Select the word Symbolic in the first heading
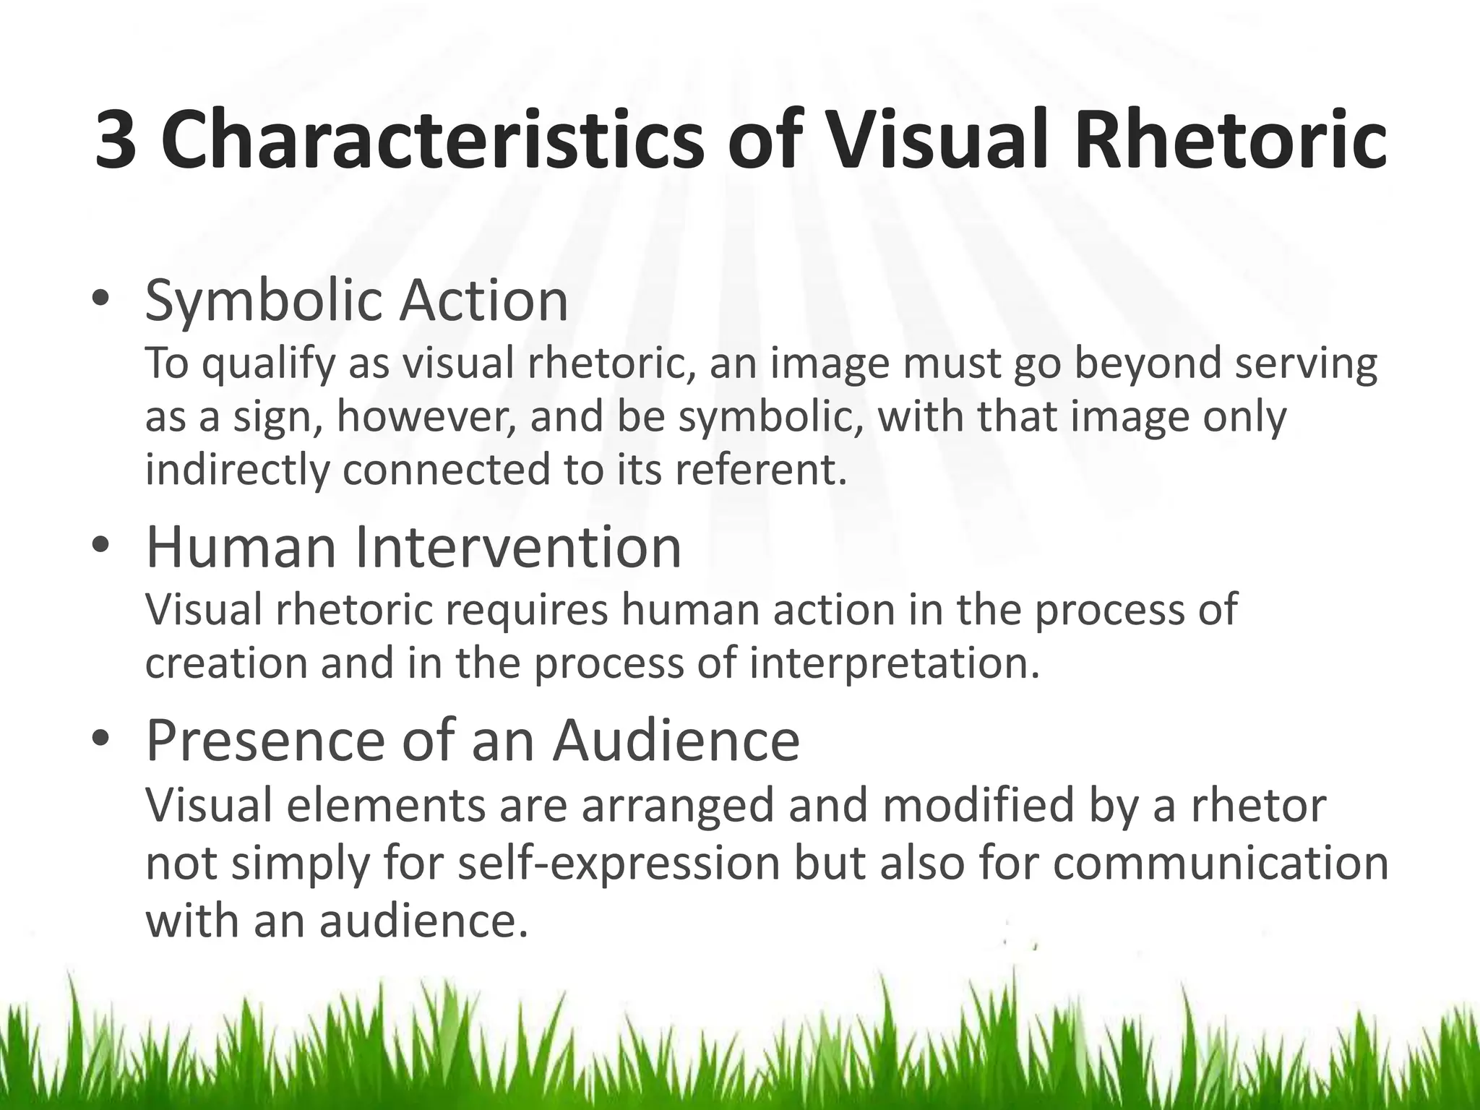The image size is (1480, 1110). (264, 302)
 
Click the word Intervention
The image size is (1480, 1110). (517, 547)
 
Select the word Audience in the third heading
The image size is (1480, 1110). (676, 741)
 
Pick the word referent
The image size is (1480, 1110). (760, 470)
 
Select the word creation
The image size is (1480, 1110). (226, 663)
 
